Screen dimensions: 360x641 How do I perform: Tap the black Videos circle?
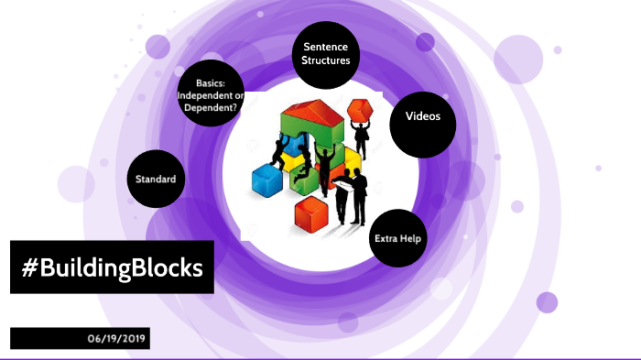click(x=423, y=118)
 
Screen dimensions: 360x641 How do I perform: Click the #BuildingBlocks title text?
click(x=112, y=267)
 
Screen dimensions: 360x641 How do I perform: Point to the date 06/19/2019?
click(x=118, y=338)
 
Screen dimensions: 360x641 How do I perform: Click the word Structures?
click(x=326, y=60)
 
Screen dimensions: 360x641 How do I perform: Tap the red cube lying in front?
click(x=311, y=214)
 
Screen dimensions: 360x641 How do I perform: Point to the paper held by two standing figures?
click(x=343, y=186)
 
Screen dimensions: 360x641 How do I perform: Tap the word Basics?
click(x=212, y=83)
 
